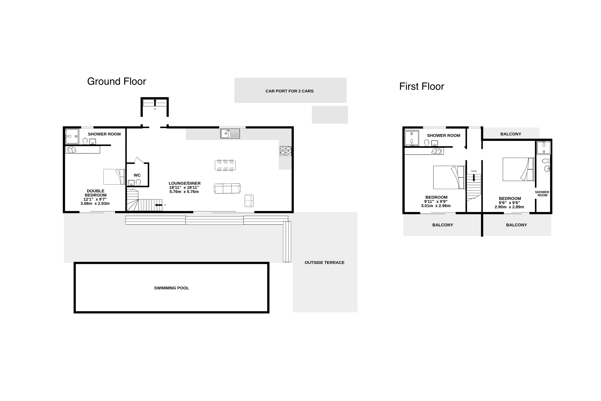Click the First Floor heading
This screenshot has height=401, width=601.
[x=422, y=86]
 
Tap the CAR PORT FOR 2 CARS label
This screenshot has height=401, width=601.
[x=289, y=91]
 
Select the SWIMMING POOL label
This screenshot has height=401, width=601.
[x=172, y=288]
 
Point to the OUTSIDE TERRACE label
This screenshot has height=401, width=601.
[x=325, y=263]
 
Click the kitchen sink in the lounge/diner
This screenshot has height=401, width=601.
[x=230, y=134]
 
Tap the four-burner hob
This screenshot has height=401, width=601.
[x=286, y=151]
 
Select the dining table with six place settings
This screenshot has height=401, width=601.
[x=225, y=165]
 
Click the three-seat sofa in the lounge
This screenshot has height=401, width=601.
[x=227, y=188]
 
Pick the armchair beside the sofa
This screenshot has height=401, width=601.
[x=249, y=201]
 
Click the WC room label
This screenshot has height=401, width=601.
[x=137, y=175]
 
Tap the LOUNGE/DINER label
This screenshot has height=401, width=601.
[x=185, y=183]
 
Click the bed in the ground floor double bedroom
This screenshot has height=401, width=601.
[x=114, y=177]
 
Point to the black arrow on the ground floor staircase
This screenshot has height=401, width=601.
[x=159, y=205]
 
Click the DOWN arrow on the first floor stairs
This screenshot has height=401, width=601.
[x=474, y=178]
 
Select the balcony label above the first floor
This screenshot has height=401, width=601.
[x=511, y=134]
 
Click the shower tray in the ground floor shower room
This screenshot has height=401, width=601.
[x=72, y=136]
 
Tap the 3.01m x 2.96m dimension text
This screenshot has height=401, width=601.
[x=436, y=206]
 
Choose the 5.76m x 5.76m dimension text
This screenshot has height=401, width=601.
[x=184, y=192]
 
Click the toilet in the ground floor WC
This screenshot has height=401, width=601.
[x=138, y=182]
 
